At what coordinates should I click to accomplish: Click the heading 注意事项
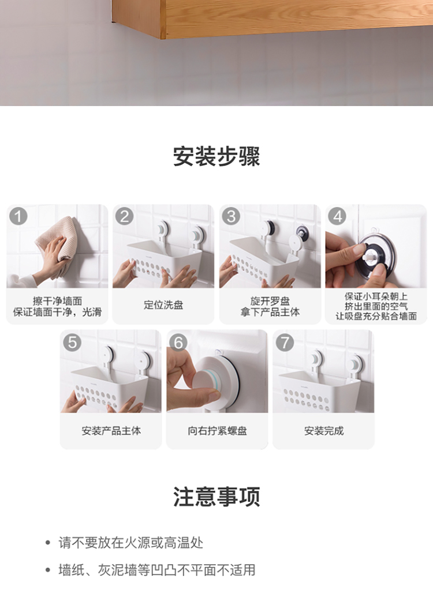click(216, 497)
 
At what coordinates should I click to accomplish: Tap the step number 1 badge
click(18, 216)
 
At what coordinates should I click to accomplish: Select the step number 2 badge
click(125, 216)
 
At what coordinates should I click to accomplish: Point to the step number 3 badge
click(231, 216)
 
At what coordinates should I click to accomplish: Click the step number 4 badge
click(337, 216)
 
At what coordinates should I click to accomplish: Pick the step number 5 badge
click(72, 342)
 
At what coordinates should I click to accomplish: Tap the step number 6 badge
click(178, 342)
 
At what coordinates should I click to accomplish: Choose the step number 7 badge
click(284, 342)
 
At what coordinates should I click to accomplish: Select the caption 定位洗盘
click(163, 305)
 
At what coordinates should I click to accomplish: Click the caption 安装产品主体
click(111, 431)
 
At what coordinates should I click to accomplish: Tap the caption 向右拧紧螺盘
click(217, 431)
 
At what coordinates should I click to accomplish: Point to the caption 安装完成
click(323, 431)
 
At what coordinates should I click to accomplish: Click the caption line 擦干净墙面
click(57, 300)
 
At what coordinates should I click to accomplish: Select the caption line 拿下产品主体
click(270, 312)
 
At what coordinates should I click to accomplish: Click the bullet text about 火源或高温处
click(130, 543)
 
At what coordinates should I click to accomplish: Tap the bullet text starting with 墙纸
click(156, 570)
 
